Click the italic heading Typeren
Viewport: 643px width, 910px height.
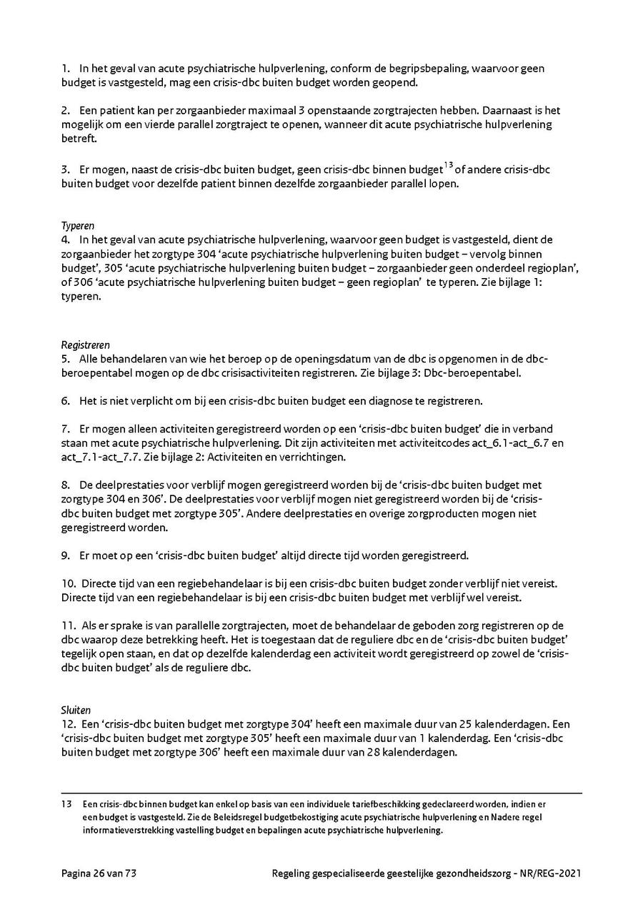(x=77, y=226)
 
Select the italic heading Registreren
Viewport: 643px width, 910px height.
(x=85, y=345)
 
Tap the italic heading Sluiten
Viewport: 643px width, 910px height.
(x=76, y=710)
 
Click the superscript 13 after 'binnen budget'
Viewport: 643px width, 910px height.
(x=449, y=167)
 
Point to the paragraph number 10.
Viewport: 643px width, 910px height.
(x=67, y=582)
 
